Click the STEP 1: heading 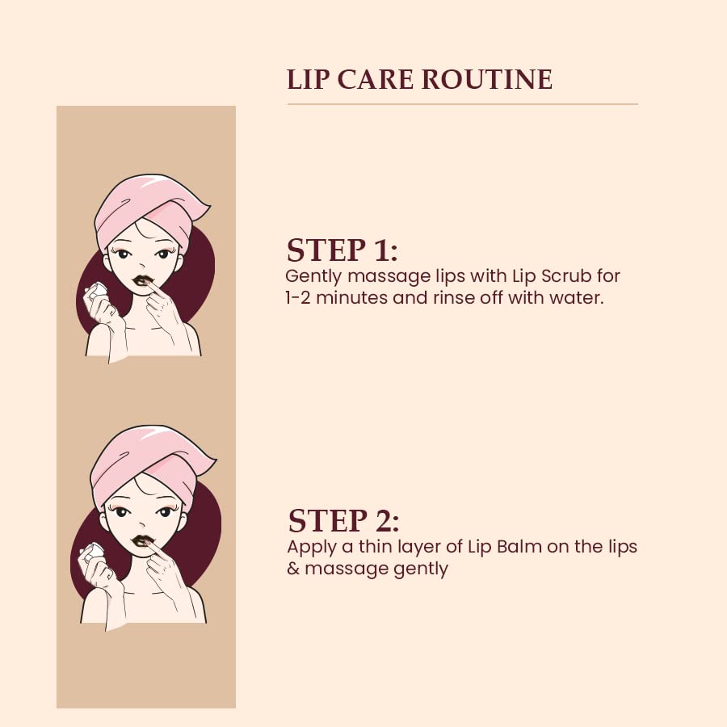tap(342, 250)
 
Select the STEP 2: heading tap(343, 521)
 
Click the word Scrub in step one tap(566, 276)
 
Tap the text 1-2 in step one tap(297, 297)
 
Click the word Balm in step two tap(519, 547)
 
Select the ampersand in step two tap(293, 569)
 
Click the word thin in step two tap(374, 547)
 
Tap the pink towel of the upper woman tap(149, 208)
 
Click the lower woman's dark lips tap(142, 541)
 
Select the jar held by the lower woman tap(92, 551)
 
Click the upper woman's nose tap(142, 266)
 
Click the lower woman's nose tap(142, 525)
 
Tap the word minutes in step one tap(351, 297)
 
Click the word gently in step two tap(421, 569)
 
